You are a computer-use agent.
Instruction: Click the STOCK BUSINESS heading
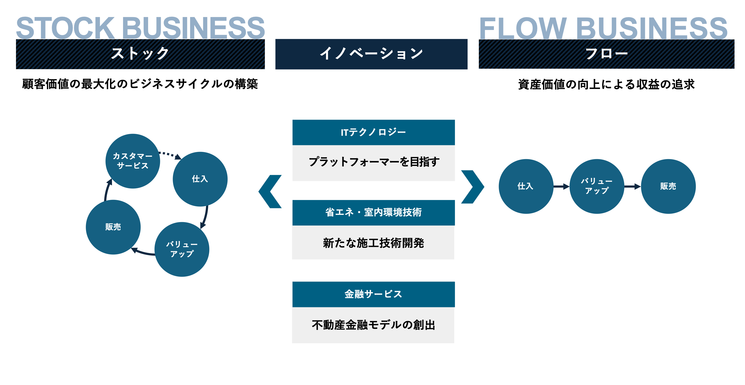pyautogui.click(x=140, y=28)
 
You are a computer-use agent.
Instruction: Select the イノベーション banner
pyautogui.click(x=371, y=54)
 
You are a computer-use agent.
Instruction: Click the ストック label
pyautogui.click(x=140, y=54)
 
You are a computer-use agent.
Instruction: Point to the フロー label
pyautogui.click(x=606, y=54)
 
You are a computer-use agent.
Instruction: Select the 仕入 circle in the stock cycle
pyautogui.click(x=200, y=179)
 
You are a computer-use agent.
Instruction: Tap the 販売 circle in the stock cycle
pyautogui.click(x=113, y=227)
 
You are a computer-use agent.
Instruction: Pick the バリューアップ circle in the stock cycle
pyautogui.click(x=182, y=249)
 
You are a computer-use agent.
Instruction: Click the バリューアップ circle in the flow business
pyautogui.click(x=597, y=186)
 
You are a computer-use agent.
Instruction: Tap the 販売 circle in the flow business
pyautogui.click(x=668, y=186)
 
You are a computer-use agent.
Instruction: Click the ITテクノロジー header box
pyautogui.click(x=373, y=132)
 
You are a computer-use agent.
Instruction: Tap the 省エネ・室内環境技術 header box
pyautogui.click(x=373, y=213)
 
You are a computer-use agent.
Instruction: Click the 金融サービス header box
pyautogui.click(x=373, y=294)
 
